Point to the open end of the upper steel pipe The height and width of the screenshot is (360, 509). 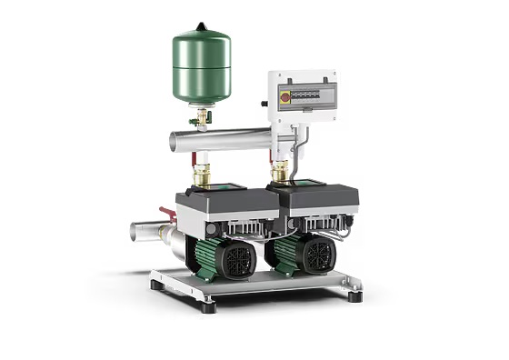175,143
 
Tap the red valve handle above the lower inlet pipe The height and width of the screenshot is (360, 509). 166,214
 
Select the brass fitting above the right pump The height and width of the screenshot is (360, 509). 279,170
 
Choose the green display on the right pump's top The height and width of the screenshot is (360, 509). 305,184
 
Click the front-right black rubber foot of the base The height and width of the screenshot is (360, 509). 354,295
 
